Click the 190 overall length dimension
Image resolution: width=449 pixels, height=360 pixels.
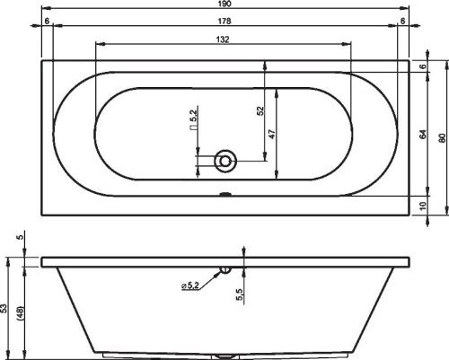click(224, 4)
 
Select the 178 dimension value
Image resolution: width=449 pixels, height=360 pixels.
click(224, 21)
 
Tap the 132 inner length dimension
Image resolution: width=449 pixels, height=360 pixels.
click(223, 40)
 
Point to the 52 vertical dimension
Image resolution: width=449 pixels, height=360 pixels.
click(261, 110)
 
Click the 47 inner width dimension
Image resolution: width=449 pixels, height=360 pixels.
click(272, 134)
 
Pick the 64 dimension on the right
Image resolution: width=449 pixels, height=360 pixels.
click(423, 135)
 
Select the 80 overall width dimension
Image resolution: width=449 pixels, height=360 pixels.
click(442, 138)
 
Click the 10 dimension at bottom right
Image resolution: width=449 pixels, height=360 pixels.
click(423, 206)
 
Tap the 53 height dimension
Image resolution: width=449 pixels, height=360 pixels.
click(4, 308)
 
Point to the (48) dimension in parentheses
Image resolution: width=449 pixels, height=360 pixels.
click(21, 313)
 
